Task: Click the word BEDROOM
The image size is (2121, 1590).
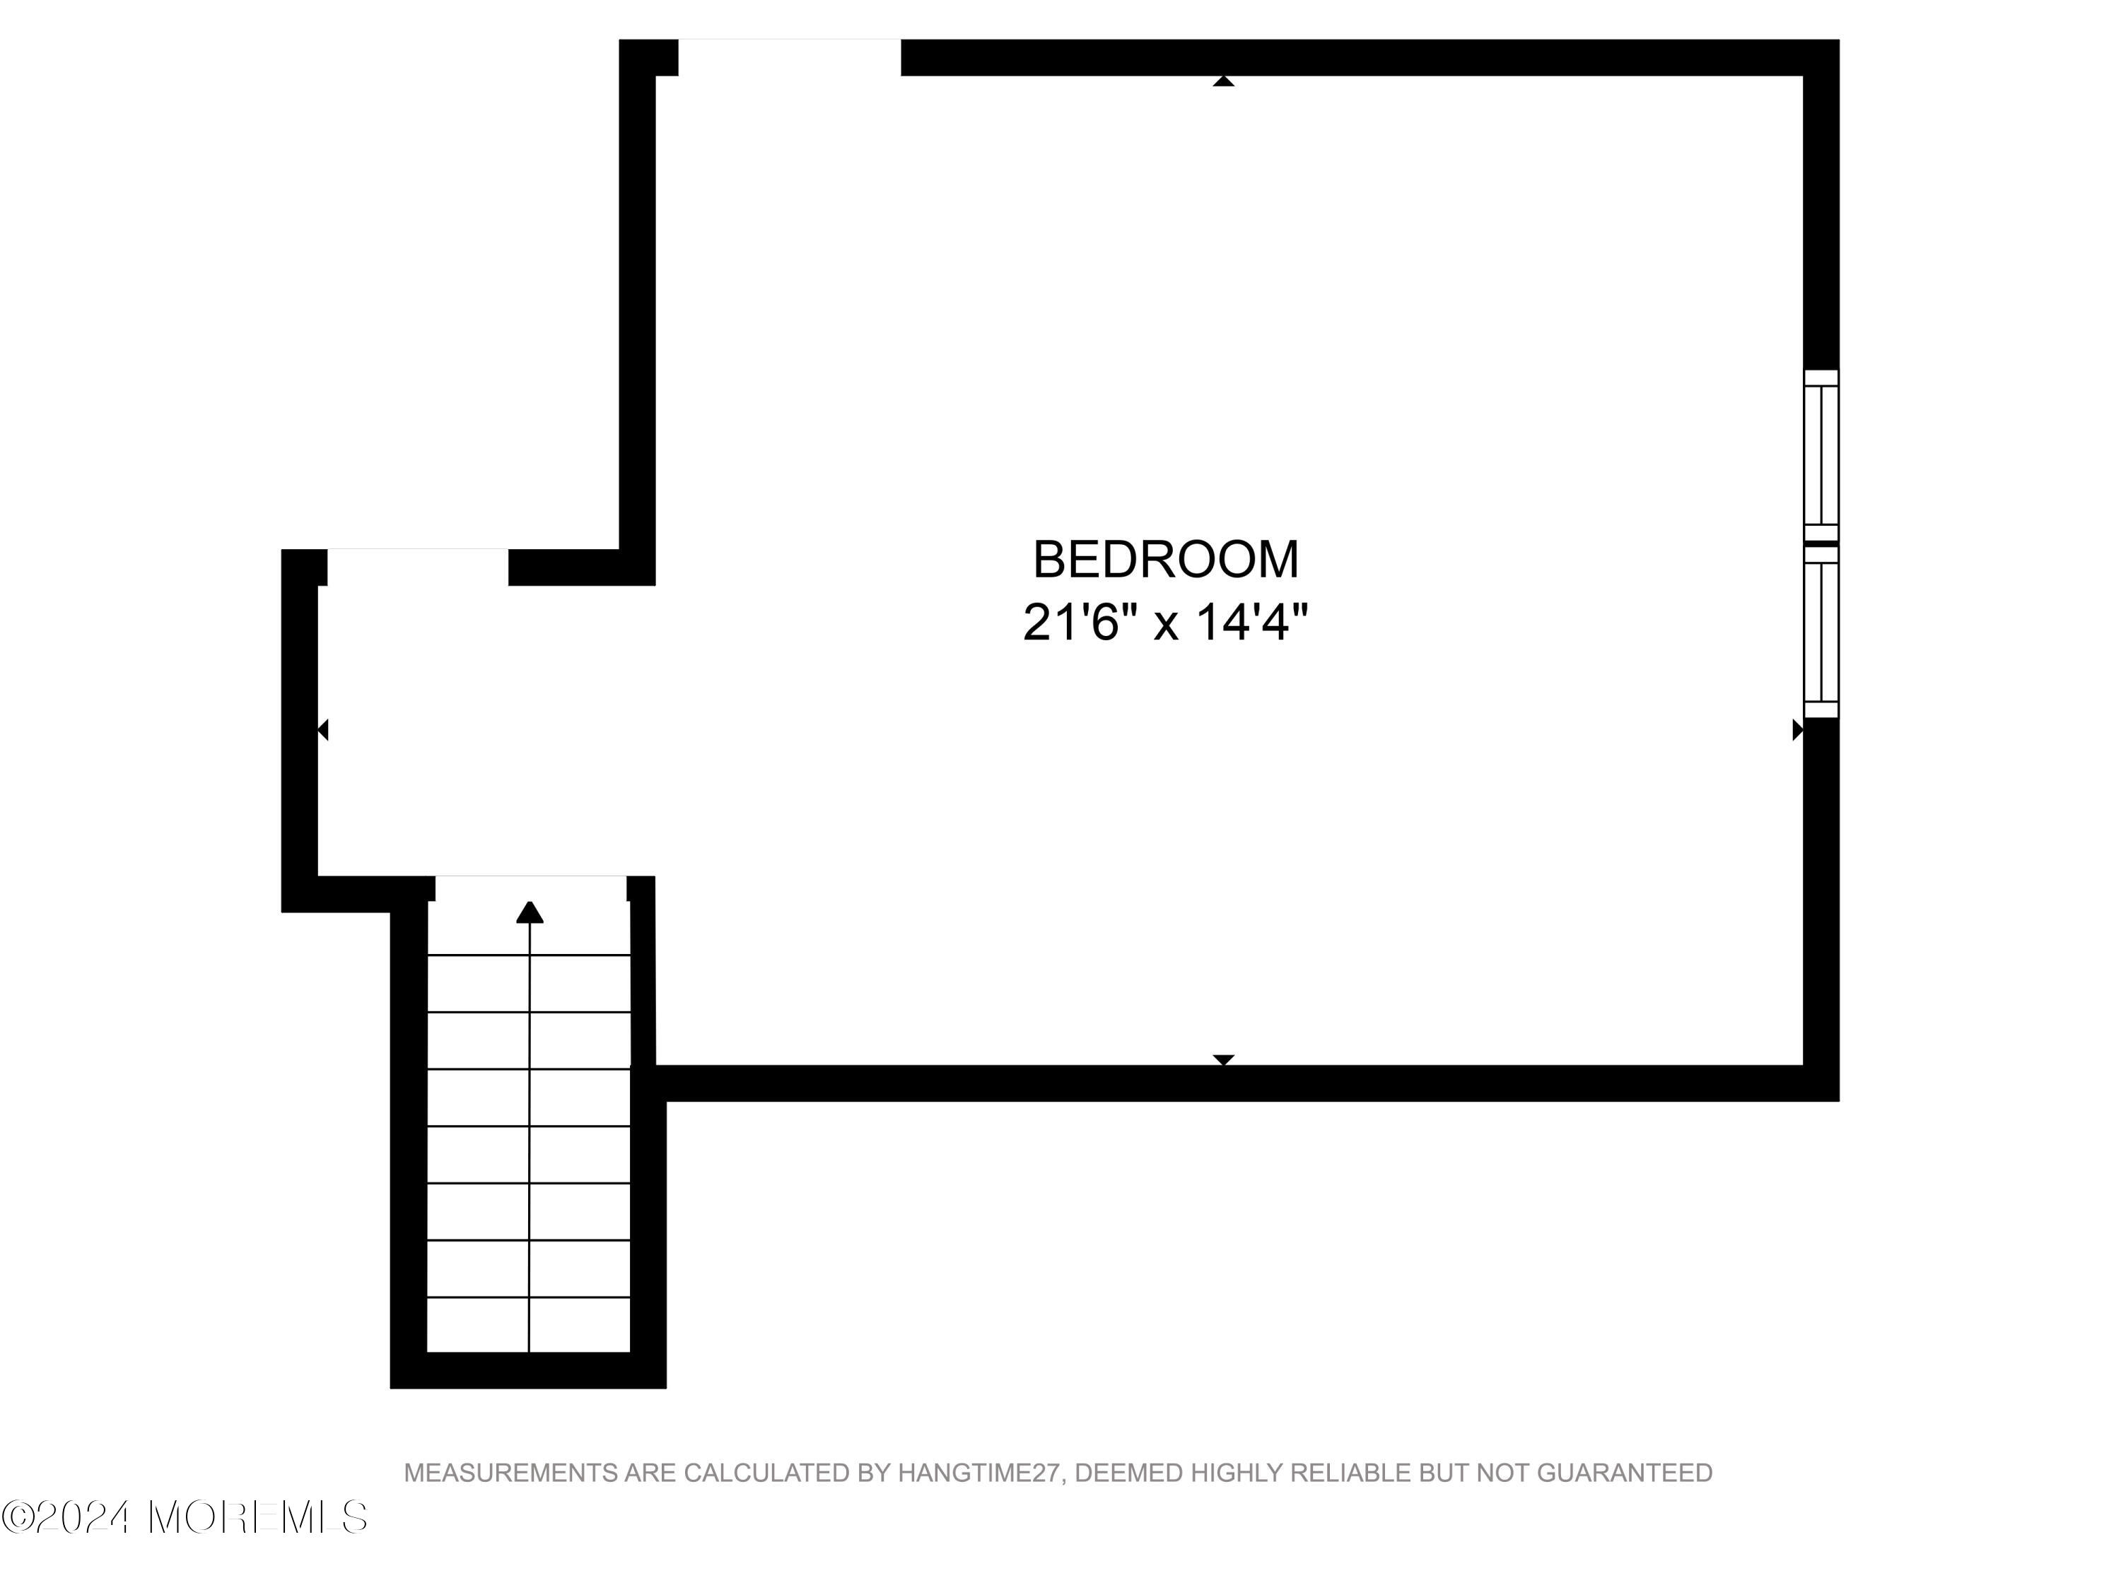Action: click(1165, 560)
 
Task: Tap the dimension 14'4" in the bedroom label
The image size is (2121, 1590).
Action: click(1251, 623)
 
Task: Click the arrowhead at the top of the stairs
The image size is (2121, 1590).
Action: click(530, 912)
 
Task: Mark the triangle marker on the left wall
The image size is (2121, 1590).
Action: click(323, 729)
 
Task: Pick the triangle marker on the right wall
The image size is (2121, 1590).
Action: click(1798, 729)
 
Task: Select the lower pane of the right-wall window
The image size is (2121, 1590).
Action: click(1821, 632)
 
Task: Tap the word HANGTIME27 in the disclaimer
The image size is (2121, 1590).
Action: click(980, 1473)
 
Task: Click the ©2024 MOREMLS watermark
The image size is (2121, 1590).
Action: click(184, 1518)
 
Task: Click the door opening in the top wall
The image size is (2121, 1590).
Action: click(789, 57)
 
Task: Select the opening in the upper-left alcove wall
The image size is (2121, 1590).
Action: click(417, 567)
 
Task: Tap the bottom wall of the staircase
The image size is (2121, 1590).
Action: click(527, 1370)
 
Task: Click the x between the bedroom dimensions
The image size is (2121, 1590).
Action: click(1165, 625)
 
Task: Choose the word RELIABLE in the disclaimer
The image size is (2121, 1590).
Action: click(1360, 1473)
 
